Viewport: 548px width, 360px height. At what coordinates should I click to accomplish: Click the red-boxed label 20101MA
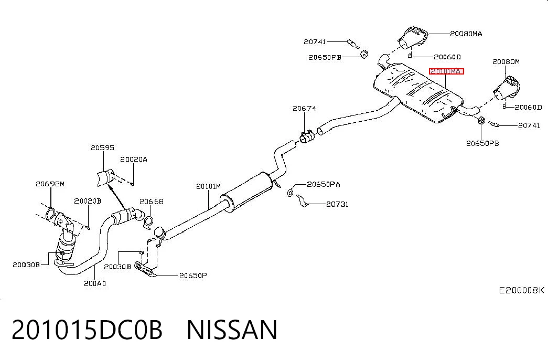coord(446,71)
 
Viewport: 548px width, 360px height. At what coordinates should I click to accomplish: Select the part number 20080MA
coord(466,34)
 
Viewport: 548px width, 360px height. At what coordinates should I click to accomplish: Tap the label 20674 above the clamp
coord(304,109)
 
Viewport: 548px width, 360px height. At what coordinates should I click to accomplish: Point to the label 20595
coord(102,147)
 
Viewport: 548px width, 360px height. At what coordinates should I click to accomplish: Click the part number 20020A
coord(134,160)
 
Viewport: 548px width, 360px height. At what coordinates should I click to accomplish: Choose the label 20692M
coord(50,184)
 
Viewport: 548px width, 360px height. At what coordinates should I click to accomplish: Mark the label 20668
coord(152,202)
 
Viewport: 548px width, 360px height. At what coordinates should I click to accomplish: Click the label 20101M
coord(208,186)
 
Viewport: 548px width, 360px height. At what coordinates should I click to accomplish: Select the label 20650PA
coord(323,184)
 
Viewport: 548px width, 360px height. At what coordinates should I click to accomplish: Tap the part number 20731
coord(337,204)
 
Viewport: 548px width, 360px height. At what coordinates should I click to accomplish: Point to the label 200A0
coord(95,283)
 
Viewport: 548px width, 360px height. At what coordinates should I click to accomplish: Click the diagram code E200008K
coord(521,290)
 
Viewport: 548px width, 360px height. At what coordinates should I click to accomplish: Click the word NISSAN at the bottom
coord(232,330)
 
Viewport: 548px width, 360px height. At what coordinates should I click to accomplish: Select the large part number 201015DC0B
coord(87,330)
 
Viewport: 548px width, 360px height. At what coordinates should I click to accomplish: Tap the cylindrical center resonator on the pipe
coord(246,192)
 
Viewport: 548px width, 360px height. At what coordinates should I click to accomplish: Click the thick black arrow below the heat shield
coord(117,197)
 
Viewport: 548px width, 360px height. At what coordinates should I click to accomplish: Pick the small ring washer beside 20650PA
coord(290,193)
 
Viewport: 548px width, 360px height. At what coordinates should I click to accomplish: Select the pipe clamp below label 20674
coord(306,137)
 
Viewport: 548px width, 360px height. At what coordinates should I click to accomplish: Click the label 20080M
coord(506,62)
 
